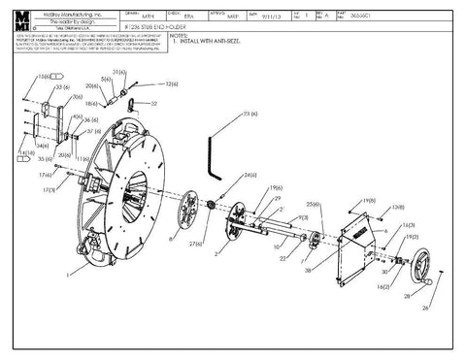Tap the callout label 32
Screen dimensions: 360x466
154,104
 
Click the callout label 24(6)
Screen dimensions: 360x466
250,175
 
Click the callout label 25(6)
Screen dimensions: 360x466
315,205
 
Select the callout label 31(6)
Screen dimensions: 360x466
120,73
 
